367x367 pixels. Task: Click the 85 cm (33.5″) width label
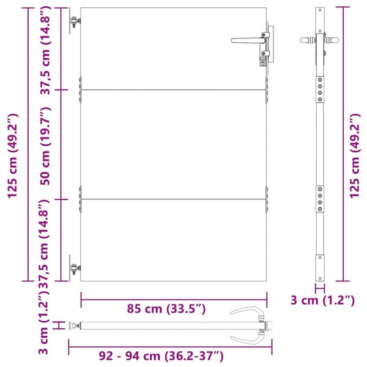pyautogui.click(x=166, y=309)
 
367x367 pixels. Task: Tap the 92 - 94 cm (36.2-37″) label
pyautogui.click(x=161, y=356)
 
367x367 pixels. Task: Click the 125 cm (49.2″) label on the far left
pyautogui.click(x=13, y=156)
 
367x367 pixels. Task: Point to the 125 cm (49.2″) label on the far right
pyautogui.click(x=355, y=156)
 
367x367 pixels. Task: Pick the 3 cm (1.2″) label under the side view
pyautogui.click(x=323, y=300)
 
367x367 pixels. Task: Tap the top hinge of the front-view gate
pyautogui.click(x=75, y=21)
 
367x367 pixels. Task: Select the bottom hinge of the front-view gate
pyautogui.click(x=75, y=269)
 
